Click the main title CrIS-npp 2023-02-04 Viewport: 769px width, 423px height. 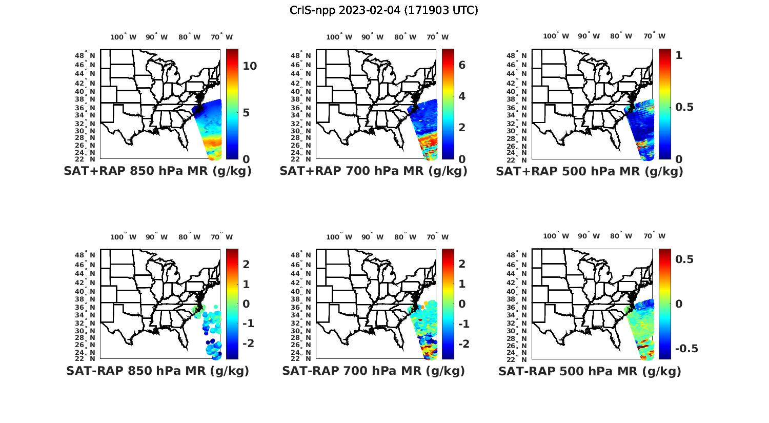(383, 10)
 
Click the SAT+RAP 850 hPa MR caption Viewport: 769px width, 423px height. (157, 171)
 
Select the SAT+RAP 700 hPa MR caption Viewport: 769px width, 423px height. (373, 171)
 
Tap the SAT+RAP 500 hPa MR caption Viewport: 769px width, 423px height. (589, 171)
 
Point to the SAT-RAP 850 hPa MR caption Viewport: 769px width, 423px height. (157, 371)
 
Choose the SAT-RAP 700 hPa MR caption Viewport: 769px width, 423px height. (373, 371)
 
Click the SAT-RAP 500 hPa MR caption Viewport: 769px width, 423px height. (589, 371)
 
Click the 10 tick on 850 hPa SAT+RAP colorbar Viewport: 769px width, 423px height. (250, 66)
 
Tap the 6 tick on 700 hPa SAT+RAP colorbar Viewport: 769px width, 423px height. (461, 65)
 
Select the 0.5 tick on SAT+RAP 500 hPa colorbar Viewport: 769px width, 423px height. (684, 107)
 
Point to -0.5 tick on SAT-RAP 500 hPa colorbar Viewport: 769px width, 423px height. (686, 349)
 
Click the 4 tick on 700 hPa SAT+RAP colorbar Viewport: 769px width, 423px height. (461, 96)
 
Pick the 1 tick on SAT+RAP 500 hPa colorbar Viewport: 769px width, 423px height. (679, 55)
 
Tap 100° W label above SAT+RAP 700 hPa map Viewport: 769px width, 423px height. (339, 37)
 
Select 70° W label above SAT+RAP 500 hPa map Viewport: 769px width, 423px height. (654, 36)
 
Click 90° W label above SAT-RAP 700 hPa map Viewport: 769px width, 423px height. (372, 237)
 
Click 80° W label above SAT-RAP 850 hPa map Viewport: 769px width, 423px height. (189, 237)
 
